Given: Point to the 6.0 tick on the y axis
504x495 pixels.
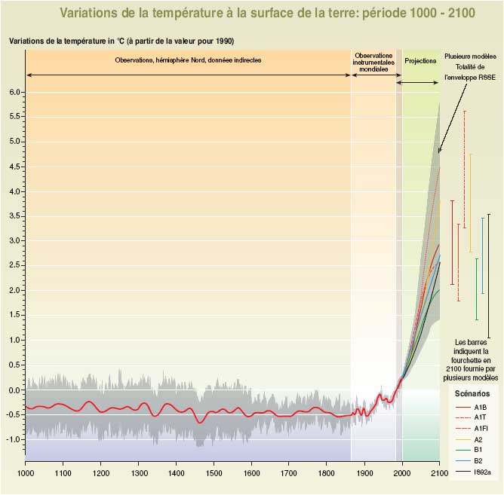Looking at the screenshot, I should [x=14, y=92].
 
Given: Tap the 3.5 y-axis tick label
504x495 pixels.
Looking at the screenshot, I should [x=14, y=216].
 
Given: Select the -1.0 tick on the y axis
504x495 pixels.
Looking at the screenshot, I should [x=13, y=439].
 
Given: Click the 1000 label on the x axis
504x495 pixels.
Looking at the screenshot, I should [x=25, y=472].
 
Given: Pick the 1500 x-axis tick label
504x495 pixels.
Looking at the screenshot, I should [x=214, y=472].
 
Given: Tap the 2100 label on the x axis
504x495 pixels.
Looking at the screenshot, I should [x=439, y=472].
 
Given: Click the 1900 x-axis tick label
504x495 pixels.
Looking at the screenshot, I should [x=364, y=472].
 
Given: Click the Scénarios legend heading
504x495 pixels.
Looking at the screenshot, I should [x=472, y=393].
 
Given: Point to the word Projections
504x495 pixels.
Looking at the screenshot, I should [x=420, y=60].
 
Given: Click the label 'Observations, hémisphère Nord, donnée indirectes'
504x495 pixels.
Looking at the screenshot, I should [x=189, y=60].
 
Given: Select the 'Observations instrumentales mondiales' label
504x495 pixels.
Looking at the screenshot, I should [x=373, y=61].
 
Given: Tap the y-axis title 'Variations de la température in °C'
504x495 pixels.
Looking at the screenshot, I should [x=126, y=41].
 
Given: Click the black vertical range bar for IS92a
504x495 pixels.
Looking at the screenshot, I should [x=489, y=276].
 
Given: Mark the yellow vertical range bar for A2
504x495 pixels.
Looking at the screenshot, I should [x=471, y=203].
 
